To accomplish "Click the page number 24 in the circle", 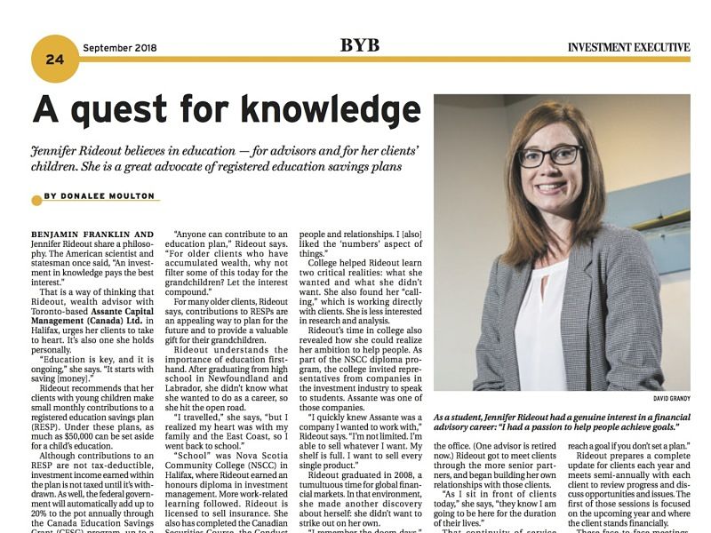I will [x=55, y=59].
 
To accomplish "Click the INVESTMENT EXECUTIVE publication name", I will [x=628, y=47].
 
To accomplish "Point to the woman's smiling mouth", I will [x=550, y=187].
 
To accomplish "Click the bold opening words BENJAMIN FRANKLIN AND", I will [x=92, y=235].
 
